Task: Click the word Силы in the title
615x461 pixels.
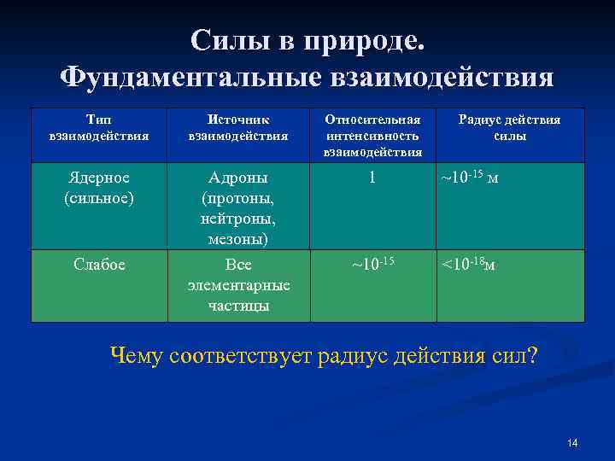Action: click(x=224, y=40)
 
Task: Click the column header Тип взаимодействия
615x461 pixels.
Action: click(x=99, y=127)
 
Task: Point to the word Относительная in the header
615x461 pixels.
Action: click(x=372, y=120)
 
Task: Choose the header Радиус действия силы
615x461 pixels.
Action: click(x=509, y=127)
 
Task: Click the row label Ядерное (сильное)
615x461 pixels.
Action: click(x=99, y=187)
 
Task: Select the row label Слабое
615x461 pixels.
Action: click(x=99, y=265)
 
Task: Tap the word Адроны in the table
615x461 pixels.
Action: click(x=238, y=178)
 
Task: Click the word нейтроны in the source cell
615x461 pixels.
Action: click(x=238, y=219)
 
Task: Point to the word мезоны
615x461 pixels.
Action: click(x=238, y=239)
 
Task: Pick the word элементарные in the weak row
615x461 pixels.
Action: click(x=238, y=285)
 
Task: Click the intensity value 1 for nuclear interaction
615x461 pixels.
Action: click(x=372, y=178)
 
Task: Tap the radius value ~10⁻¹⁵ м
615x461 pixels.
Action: click(x=469, y=178)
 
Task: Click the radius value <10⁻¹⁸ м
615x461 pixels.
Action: click(x=467, y=264)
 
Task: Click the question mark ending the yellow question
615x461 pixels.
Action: click(x=533, y=355)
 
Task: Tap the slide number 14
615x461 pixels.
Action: click(x=572, y=442)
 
